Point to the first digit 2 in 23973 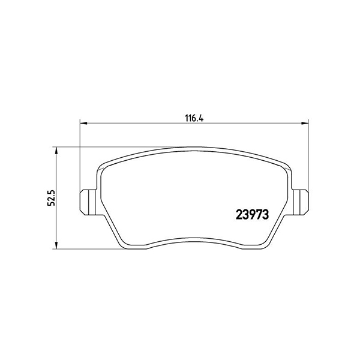coord(236,214)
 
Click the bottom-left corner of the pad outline coord(123,245)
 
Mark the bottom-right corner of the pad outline coord(265,245)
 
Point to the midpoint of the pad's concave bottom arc coord(194,235)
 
